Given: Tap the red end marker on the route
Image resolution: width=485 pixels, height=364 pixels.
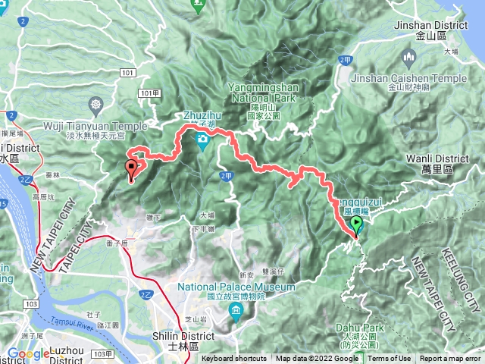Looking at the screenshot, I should point(132,168).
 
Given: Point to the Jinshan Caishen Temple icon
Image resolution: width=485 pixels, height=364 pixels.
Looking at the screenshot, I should point(410,58).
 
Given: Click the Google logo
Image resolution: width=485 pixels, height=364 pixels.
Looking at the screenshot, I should point(28,353).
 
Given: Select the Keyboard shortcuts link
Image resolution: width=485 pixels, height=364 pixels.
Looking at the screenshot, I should point(233,359).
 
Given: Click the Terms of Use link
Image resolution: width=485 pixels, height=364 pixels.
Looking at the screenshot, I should point(390,359).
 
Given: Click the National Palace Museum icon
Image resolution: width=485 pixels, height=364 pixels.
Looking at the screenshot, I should point(236,311).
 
